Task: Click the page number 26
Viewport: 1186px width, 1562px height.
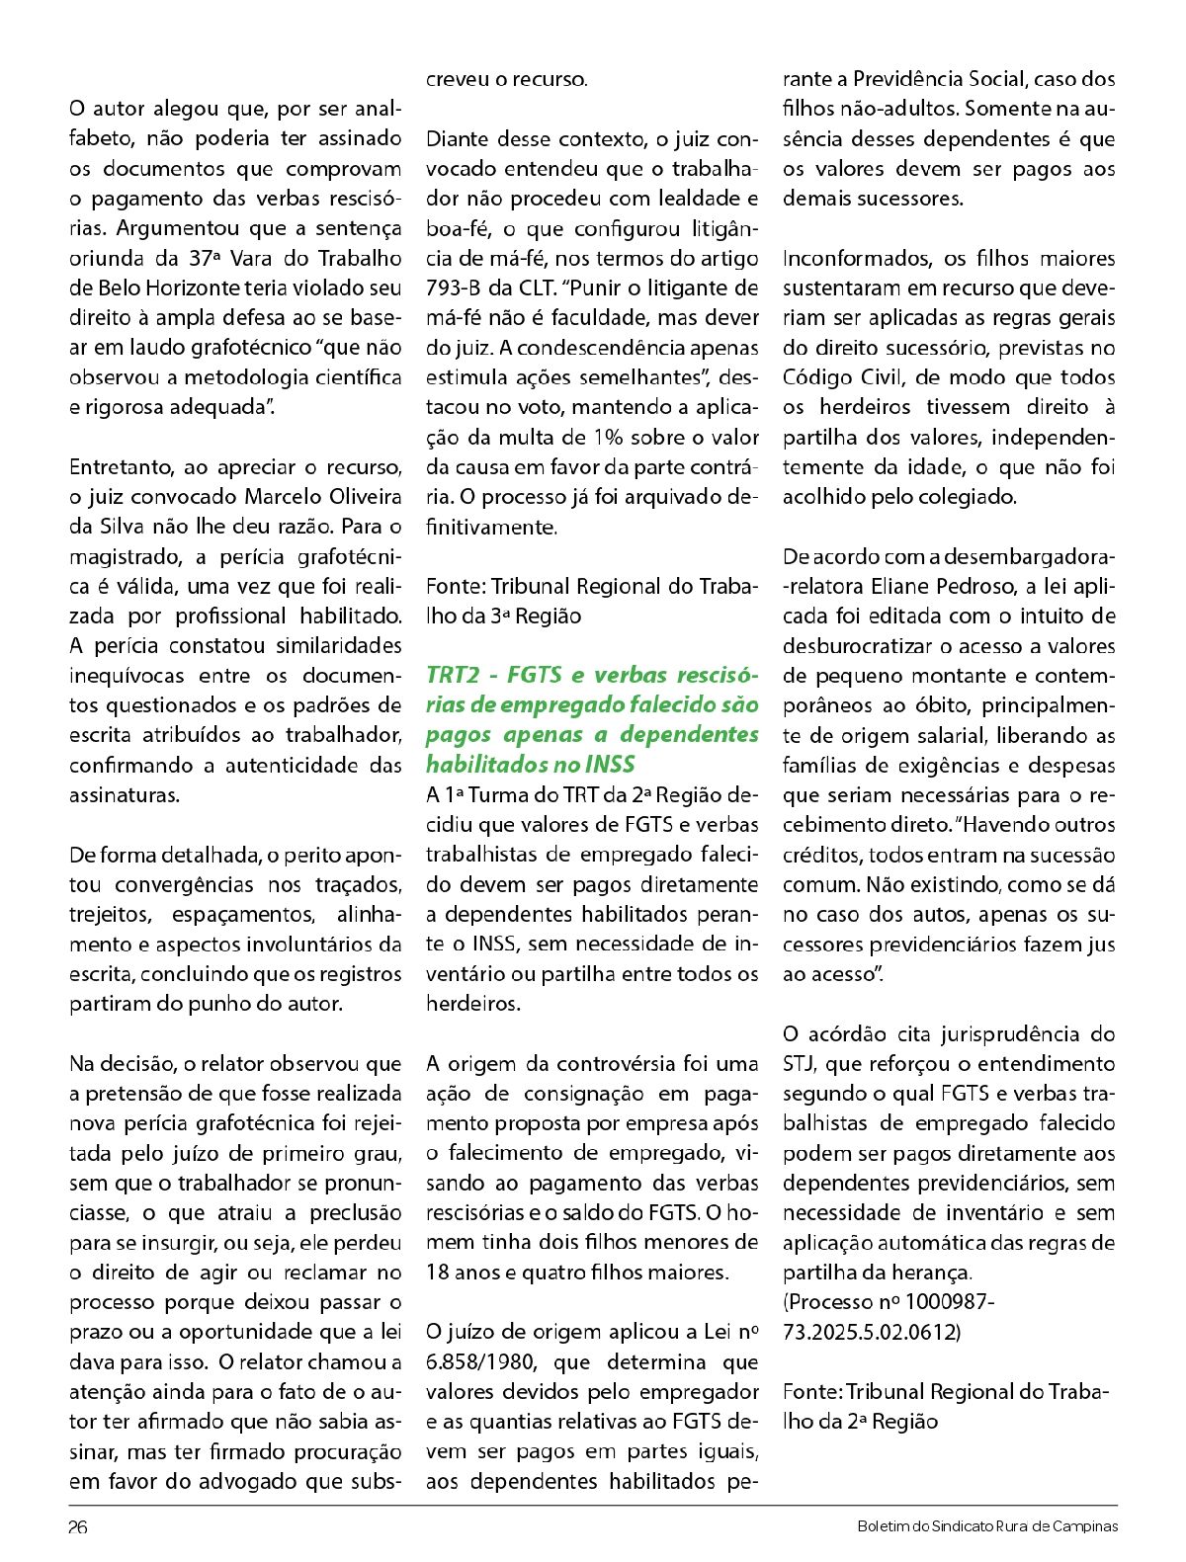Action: (78, 1526)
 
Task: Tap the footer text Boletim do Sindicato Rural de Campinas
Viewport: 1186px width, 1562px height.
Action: (987, 1526)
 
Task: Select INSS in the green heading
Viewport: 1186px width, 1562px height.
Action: (609, 765)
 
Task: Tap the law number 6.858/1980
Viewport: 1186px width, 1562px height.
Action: (481, 1362)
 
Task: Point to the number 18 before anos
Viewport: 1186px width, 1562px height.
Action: (438, 1273)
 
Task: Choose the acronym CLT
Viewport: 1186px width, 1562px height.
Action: (541, 288)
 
